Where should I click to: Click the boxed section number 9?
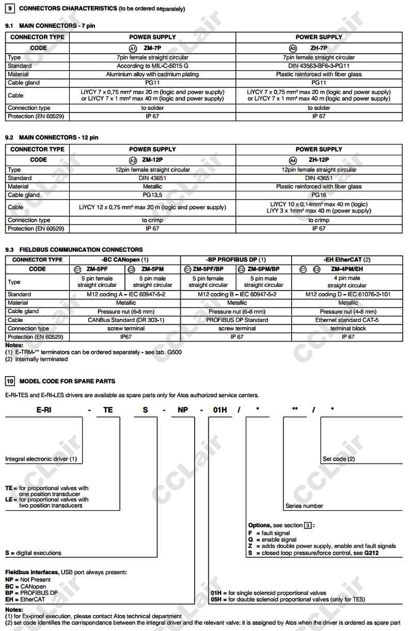10,9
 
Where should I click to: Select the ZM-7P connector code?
152,48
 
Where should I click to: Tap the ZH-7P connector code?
319,48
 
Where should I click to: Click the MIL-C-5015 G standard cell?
152,66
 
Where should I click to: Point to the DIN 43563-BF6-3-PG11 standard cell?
319,66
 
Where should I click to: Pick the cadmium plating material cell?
152,74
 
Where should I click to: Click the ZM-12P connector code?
152,160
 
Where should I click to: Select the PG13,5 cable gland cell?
152,195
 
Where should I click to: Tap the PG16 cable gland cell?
319,195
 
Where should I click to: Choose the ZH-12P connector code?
319,160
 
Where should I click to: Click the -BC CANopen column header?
125,260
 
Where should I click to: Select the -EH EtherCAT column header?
347,260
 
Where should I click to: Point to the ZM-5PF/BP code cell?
208,269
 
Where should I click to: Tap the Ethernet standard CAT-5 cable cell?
347,320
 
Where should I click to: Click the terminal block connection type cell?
347,328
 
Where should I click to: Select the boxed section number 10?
10,381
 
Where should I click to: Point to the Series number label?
304,506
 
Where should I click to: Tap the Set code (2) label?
339,459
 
